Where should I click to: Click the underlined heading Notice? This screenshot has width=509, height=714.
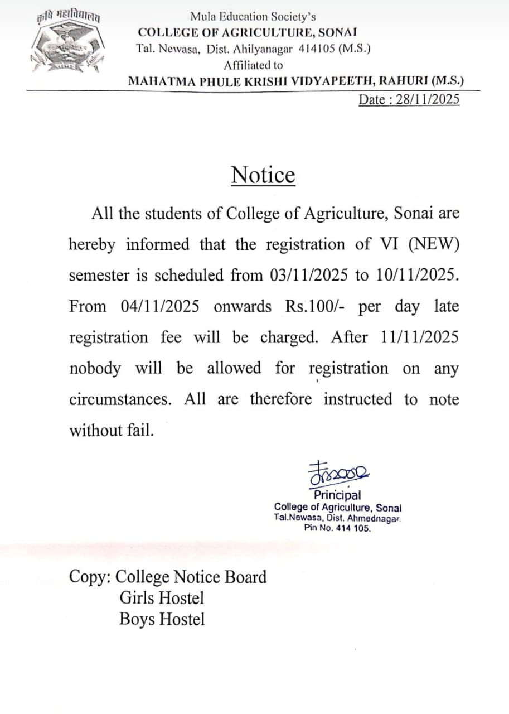click(263, 175)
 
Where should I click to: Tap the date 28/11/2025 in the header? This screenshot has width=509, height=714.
click(428, 100)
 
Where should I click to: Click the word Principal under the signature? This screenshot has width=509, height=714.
click(337, 495)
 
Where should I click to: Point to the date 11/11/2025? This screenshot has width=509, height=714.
click(420, 337)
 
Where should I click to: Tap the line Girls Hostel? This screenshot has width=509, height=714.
click(162, 598)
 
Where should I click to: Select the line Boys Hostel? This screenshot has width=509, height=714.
click(162, 619)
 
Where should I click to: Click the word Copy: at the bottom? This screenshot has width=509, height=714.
click(90, 577)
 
